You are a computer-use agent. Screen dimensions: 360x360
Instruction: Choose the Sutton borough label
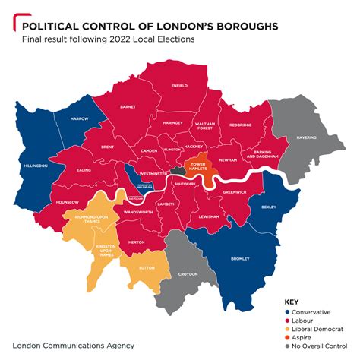[x=150, y=268]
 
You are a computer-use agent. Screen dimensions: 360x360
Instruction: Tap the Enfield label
[x=179, y=86]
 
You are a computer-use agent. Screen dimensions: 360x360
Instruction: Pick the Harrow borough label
[x=80, y=119]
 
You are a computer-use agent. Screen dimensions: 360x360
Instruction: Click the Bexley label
[x=269, y=207]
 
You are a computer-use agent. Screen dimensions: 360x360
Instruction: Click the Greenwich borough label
[x=233, y=192]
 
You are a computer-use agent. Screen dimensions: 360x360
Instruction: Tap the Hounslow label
[x=68, y=202]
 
